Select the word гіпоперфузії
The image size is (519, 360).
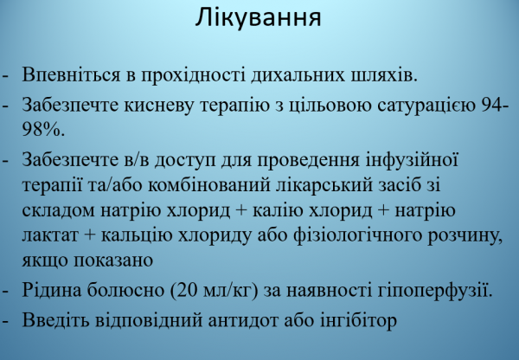click(437, 290)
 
